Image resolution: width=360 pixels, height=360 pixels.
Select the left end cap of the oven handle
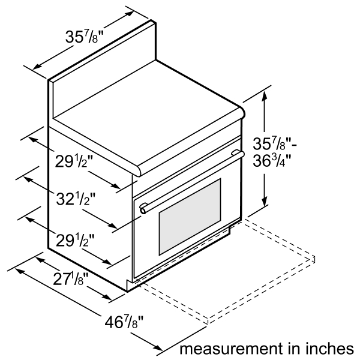click(143, 208)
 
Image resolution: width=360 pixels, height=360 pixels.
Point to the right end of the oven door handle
click(240, 155)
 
